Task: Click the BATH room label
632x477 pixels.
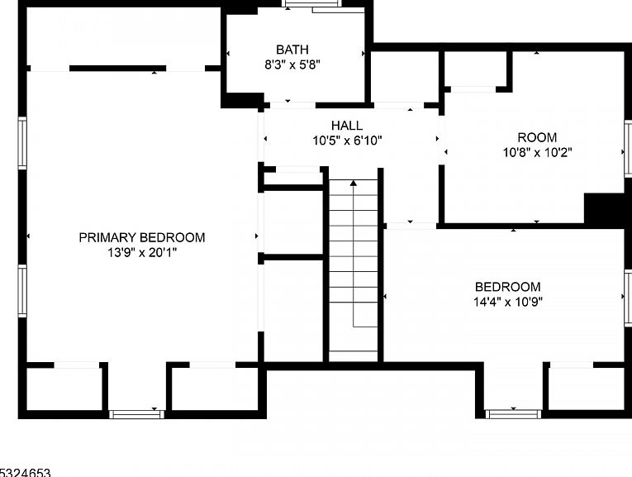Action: pyautogui.click(x=292, y=50)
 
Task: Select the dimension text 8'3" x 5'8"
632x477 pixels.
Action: pyautogui.click(x=292, y=64)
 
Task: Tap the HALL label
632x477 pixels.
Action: pyautogui.click(x=347, y=126)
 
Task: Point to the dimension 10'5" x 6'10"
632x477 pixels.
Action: pyautogui.click(x=347, y=141)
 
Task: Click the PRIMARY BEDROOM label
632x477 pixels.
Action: pyautogui.click(x=142, y=237)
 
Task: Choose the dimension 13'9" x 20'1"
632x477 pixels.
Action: pyautogui.click(x=142, y=253)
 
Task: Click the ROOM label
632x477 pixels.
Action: pyautogui.click(x=537, y=137)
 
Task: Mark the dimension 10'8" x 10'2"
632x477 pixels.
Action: pyautogui.click(x=537, y=152)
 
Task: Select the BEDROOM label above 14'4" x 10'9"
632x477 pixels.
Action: pyautogui.click(x=508, y=287)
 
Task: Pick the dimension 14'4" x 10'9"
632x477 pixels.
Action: pyautogui.click(x=508, y=302)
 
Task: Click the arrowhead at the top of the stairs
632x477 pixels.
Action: pyautogui.click(x=354, y=183)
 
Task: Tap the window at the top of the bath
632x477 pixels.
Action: pyautogui.click(x=312, y=4)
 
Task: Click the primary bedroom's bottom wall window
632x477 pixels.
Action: pyautogui.click(x=136, y=414)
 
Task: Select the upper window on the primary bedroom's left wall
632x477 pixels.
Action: pyautogui.click(x=22, y=143)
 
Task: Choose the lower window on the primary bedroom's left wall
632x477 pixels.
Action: pyautogui.click(x=22, y=290)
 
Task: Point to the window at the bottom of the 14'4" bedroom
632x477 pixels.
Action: pyautogui.click(x=513, y=414)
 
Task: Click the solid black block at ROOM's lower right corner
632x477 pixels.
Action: pyautogui.click(x=608, y=209)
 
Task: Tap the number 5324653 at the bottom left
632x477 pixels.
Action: pyautogui.click(x=25, y=473)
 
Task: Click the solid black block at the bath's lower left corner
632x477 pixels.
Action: pyautogui.click(x=242, y=100)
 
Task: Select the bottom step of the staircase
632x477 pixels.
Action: pyautogui.click(x=354, y=356)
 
